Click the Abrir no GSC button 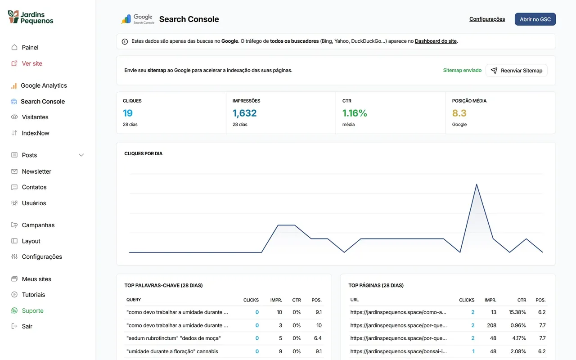[535, 19]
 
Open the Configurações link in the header [487, 19]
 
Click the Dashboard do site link [436, 41]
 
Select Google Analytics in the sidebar [44, 85]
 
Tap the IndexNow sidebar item [36, 133]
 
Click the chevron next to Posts [81, 155]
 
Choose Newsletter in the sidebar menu [36, 171]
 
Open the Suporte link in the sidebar [33, 310]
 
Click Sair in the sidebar [27, 326]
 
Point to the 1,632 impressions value [244, 113]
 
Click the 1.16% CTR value [355, 113]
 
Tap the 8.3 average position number [459, 113]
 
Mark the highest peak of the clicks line [477, 184]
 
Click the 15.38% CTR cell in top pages [517, 312]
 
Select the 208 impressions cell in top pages [492, 325]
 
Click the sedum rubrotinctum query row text [174, 338]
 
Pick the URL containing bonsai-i [399, 351]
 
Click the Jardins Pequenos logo [31, 17]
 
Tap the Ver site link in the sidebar [32, 63]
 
